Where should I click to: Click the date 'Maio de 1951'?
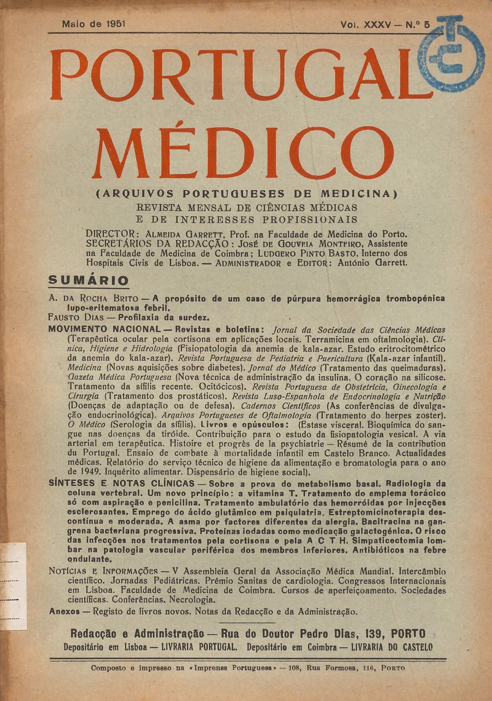click(x=93, y=25)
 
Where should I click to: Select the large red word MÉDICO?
click(x=242, y=153)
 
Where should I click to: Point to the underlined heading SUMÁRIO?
click(x=89, y=280)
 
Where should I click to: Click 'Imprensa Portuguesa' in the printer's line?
click(x=232, y=668)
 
